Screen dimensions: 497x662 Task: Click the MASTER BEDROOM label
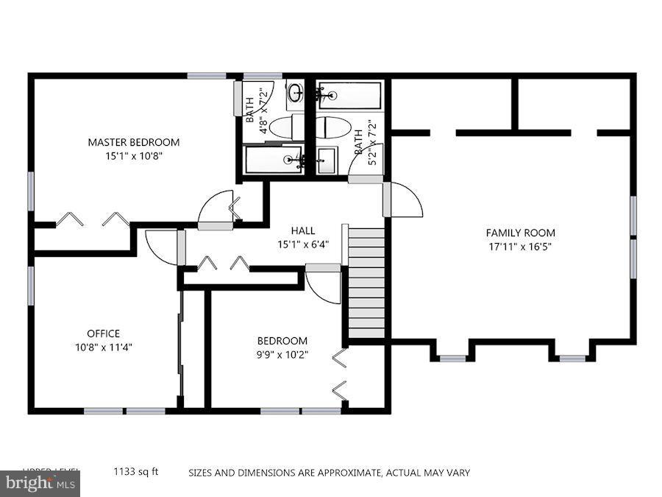133,142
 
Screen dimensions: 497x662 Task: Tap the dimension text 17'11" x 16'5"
520,247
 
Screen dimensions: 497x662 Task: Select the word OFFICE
103,334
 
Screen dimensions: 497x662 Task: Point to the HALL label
302,230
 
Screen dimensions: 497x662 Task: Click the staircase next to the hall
366,283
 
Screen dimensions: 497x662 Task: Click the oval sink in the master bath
296,94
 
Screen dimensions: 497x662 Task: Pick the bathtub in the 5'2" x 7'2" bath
349,95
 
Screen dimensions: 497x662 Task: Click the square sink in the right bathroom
327,159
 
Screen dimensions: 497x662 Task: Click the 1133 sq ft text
135,472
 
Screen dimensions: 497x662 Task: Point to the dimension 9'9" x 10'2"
282,354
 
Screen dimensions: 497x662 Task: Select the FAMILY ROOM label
520,233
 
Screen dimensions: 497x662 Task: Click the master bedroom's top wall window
206,76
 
